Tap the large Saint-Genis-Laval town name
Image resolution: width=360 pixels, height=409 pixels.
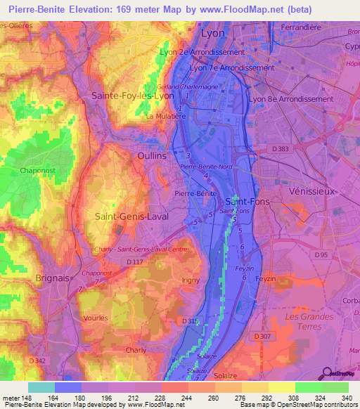[x=131, y=217]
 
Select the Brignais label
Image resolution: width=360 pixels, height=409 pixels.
[x=53, y=278]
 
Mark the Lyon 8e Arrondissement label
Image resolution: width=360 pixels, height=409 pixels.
[x=290, y=99]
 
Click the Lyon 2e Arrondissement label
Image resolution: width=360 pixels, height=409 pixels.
[x=202, y=52]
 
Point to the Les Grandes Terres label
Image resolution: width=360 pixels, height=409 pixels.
[x=309, y=322]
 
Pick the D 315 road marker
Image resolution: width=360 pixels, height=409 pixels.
[x=190, y=320]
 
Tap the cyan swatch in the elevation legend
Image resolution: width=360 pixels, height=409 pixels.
[x=41, y=387]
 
